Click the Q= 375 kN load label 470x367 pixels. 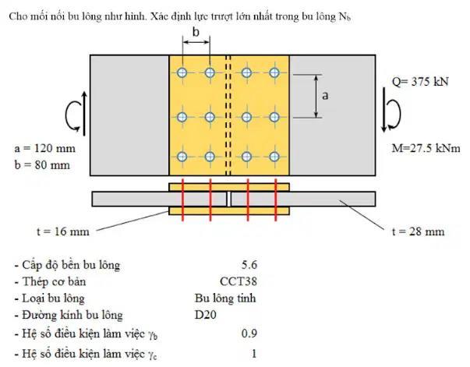[420, 82]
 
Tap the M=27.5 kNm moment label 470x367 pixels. [426, 148]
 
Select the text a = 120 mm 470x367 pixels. [44, 148]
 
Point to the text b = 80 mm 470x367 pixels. [42, 164]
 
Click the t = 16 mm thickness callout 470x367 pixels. [63, 231]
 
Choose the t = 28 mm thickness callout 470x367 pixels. [418, 231]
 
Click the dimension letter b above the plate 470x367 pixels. [196, 32]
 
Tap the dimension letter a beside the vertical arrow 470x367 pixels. [325, 96]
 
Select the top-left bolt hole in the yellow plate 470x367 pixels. [182, 72]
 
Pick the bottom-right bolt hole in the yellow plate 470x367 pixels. [274, 157]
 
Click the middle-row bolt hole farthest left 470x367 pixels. [182, 117]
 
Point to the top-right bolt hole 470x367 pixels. [274, 72]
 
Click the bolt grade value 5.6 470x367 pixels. [249, 265]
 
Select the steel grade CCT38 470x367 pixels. [239, 281]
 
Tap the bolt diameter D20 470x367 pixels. [205, 315]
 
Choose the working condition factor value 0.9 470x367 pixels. [249, 333]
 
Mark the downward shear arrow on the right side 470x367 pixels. [384, 109]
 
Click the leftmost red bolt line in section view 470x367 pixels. [182, 199]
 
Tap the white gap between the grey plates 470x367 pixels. [228, 199]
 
